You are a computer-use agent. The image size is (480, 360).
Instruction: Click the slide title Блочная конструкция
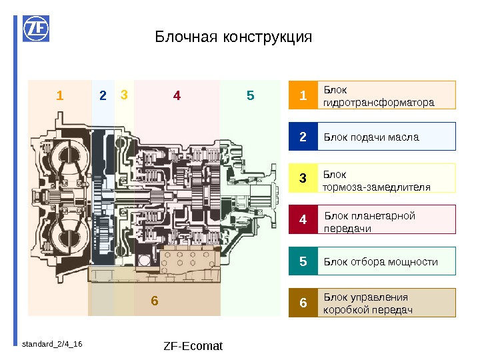tap(233, 37)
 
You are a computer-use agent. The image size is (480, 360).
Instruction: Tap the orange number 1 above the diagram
tap(60, 96)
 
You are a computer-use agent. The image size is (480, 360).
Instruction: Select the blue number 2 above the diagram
tap(103, 96)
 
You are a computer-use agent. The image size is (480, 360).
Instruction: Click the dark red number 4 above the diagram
tap(177, 96)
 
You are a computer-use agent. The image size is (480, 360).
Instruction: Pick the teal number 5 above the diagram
tap(250, 96)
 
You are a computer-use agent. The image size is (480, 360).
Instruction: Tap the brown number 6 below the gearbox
tap(154, 301)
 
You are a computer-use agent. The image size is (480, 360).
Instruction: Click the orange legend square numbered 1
tap(303, 95)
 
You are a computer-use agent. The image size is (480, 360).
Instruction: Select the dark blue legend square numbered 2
tap(303, 137)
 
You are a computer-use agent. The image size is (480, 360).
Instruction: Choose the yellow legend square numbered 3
tap(303, 178)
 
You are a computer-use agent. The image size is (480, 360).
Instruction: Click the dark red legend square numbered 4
tap(303, 219)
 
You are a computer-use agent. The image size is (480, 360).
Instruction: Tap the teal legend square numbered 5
tap(303, 261)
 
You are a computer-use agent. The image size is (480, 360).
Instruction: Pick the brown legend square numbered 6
tap(303, 303)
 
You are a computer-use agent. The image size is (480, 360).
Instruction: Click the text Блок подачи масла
tap(371, 137)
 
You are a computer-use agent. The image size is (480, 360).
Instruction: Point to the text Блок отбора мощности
tap(381, 261)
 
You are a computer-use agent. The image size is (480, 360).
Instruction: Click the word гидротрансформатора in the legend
tap(378, 103)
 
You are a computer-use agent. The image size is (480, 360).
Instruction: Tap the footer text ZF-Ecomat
tap(193, 346)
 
